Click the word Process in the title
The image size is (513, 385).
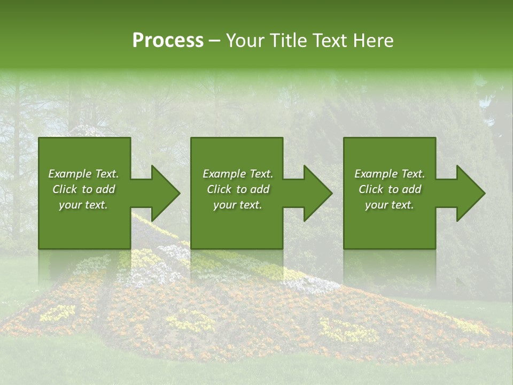168,41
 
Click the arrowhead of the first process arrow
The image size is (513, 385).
166,193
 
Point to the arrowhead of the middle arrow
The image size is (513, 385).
318,193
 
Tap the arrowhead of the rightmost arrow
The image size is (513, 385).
471,193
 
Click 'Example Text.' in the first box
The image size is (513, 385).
83,174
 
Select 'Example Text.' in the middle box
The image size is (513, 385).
238,174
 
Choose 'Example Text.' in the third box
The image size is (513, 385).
390,174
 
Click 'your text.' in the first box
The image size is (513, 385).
83,205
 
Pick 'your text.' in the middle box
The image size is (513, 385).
238,205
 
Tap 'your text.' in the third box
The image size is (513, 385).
390,205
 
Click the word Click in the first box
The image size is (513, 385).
65,189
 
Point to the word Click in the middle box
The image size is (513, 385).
219,189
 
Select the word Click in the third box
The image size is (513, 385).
371,189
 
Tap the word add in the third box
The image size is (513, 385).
412,189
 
